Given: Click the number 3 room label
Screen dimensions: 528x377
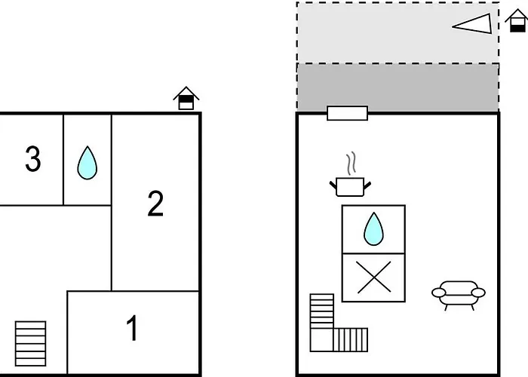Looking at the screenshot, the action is pos(33,158).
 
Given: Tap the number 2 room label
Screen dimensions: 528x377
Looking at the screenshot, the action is pos(155,204).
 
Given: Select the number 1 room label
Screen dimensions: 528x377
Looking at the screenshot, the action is pos(132,328).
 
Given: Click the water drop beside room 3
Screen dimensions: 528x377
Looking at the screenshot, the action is pos(87,163).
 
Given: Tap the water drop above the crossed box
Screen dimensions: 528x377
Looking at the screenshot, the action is pos(373,229).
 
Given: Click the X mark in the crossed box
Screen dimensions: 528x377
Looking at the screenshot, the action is pos(374,277).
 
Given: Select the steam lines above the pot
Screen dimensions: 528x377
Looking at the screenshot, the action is pos(351,164).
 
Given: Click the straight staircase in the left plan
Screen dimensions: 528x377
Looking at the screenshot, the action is pos(31,344).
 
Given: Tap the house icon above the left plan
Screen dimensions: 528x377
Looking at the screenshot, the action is pos(186,98).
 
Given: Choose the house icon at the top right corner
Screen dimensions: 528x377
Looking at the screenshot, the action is pos(516,20).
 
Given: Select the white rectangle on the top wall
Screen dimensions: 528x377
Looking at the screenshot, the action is pos(347,113).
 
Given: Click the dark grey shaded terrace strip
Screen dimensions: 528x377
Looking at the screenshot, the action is pos(398,87).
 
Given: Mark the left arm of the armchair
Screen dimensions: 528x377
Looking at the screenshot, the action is pos(438,293).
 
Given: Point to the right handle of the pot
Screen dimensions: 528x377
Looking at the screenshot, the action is pos(367,185).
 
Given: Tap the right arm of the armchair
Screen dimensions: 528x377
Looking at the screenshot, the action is pos(478,293).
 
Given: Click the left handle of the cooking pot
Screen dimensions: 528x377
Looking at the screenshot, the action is pos(333,185).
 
